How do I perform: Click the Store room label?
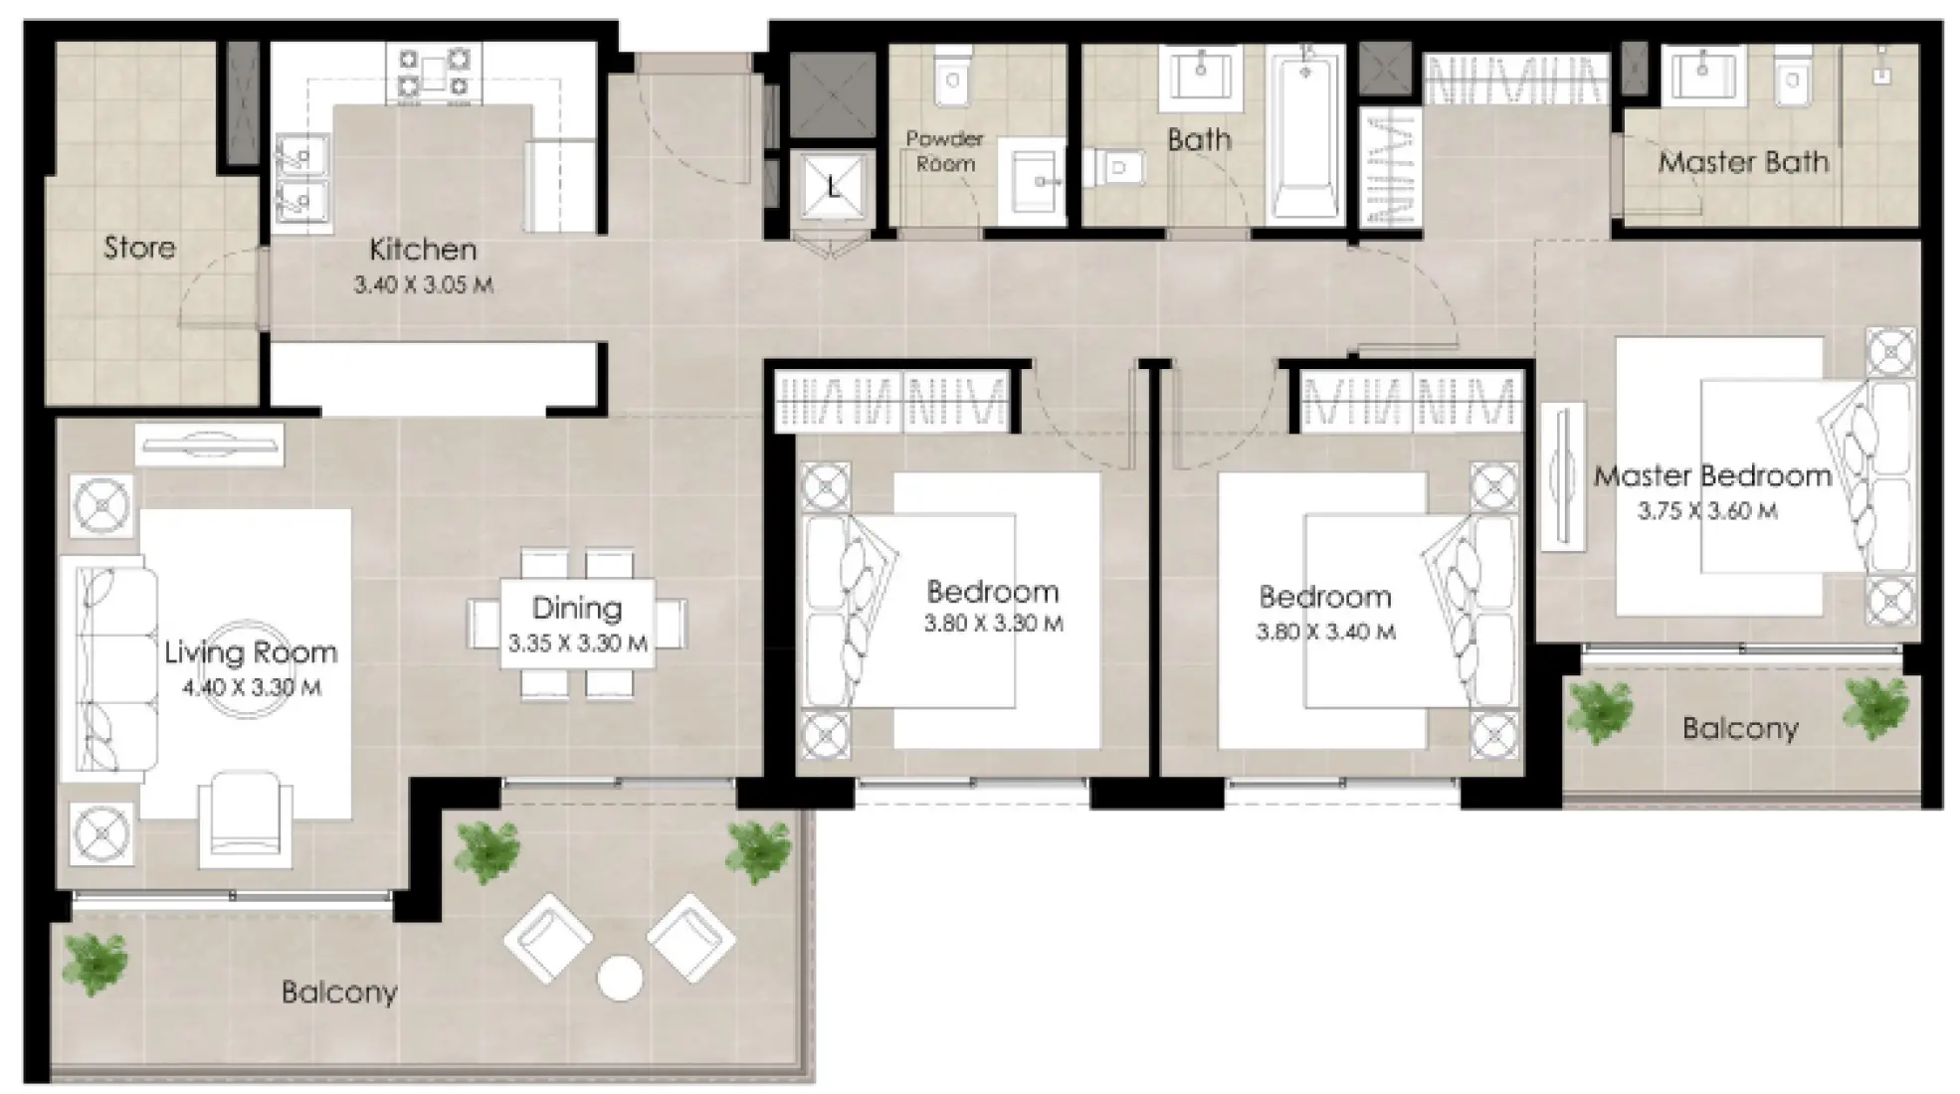coord(139,247)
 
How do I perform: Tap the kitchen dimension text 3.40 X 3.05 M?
coord(423,284)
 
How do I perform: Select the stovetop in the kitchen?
coord(433,73)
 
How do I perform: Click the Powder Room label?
coord(944,151)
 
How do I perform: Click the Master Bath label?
coord(1743,161)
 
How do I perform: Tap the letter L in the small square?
coord(833,185)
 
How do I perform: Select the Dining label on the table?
coord(576,608)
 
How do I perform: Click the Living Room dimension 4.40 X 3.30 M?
coord(252,687)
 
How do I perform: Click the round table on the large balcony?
coord(620,978)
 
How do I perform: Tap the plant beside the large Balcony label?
coord(96,963)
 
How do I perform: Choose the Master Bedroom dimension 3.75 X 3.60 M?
coord(1707,511)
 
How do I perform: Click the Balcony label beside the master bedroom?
coord(1740,729)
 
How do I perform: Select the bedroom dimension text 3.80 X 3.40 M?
coord(1325,632)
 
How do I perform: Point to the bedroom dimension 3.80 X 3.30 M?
coord(993,625)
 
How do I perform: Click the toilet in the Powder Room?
coord(952,76)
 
